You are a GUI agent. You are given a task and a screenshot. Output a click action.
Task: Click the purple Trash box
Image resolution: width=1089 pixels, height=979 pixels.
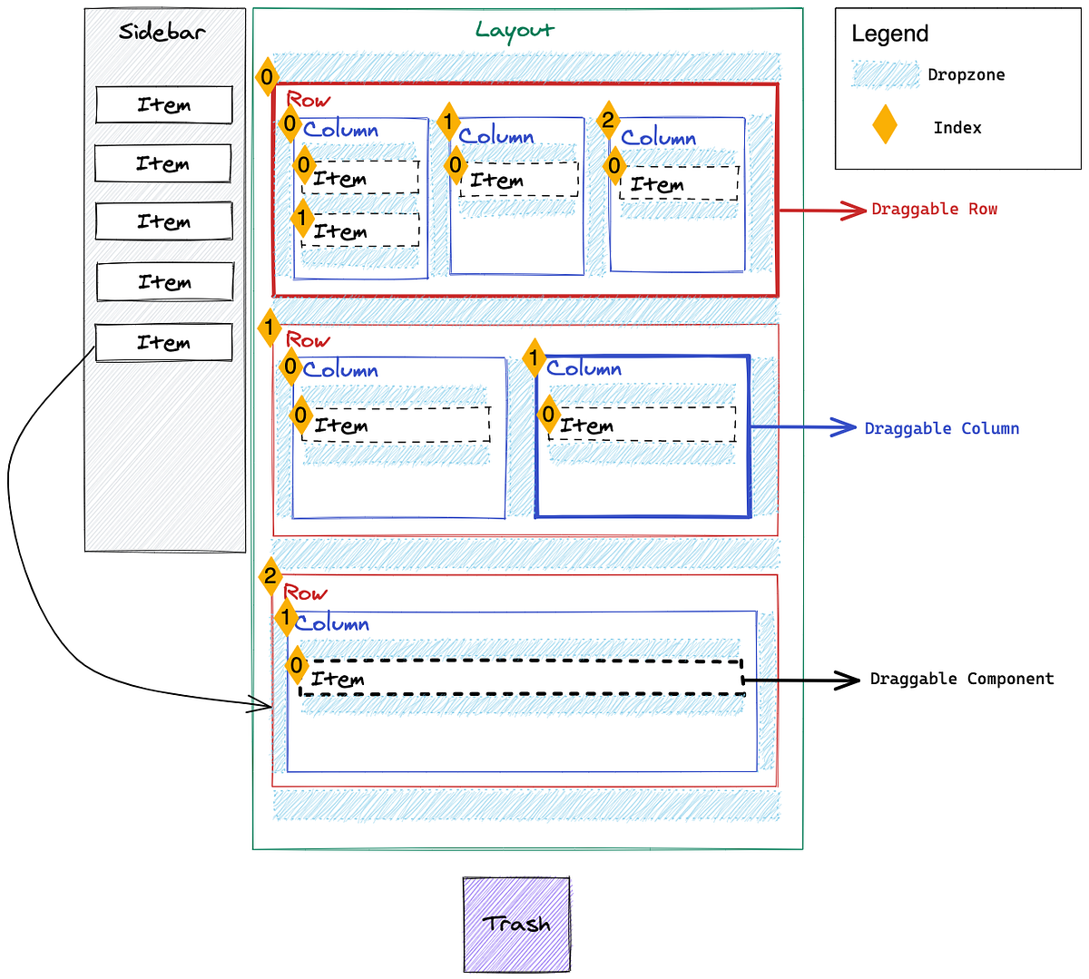tap(516, 925)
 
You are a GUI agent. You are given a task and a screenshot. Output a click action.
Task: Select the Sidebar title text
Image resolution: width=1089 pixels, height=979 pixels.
tap(162, 32)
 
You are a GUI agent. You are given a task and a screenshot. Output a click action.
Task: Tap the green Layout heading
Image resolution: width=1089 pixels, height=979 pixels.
tap(515, 30)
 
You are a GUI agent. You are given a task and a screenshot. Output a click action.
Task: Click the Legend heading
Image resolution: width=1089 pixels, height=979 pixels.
tap(889, 34)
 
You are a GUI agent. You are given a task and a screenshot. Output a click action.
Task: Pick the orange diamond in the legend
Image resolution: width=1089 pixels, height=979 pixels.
tap(885, 125)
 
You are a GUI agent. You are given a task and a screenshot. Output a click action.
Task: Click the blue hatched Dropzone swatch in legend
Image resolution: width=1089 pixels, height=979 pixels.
tap(885, 74)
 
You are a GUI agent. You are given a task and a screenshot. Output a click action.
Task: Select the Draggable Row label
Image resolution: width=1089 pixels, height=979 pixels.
tap(934, 210)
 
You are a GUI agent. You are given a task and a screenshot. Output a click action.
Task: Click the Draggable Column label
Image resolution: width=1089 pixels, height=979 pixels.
tap(941, 428)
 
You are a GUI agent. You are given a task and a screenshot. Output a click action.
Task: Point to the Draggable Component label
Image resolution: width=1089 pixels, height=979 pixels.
tap(962, 679)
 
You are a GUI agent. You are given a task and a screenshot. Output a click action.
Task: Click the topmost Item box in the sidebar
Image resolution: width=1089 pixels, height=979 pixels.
tap(164, 105)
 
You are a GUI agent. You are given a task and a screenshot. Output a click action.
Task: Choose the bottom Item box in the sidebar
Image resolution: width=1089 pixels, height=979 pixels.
tap(164, 343)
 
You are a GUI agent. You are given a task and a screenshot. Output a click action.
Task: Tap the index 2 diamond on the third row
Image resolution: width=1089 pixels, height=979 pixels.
tap(270, 575)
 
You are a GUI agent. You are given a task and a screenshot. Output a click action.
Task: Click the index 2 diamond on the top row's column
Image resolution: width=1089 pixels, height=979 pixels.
tap(608, 120)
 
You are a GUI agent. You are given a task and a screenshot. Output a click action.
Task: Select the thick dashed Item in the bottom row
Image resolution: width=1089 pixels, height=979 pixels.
tap(522, 678)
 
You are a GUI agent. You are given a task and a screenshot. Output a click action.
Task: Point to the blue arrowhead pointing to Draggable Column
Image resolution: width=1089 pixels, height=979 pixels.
tap(845, 427)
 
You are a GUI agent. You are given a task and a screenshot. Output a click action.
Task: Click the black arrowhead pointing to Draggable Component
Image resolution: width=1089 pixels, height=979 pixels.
tap(849, 680)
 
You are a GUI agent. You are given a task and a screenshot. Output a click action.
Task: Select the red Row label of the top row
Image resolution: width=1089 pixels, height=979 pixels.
tap(309, 100)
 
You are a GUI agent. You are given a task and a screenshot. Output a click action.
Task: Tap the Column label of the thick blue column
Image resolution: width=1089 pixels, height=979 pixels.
tap(584, 368)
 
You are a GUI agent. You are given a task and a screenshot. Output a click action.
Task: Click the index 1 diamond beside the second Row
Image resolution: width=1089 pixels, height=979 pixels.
tap(269, 328)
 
